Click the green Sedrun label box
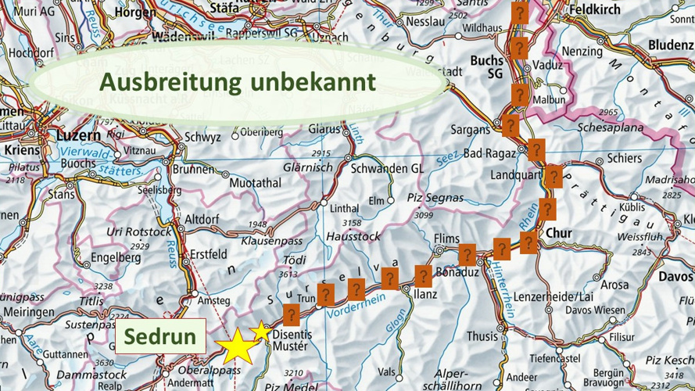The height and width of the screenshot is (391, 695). [160, 337]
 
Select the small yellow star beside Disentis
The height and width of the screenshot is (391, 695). [260, 332]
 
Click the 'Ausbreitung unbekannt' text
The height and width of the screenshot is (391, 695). [238, 81]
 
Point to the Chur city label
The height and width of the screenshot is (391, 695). [559, 233]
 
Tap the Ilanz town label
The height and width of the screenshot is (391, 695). [425, 295]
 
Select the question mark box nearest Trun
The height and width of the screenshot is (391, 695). [325, 295]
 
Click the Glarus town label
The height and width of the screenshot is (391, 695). [324, 129]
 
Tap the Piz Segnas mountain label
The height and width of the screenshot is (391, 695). [424, 199]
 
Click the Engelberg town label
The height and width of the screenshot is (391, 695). [115, 257]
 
